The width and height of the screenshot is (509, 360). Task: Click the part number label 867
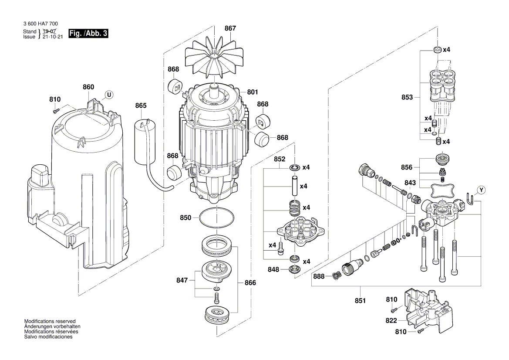tap(230, 28)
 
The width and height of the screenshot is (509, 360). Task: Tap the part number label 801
tap(253, 92)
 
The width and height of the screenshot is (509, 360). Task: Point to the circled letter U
tap(109, 94)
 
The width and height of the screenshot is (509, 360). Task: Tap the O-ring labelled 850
tap(215, 218)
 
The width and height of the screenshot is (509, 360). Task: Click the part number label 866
tap(250, 283)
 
